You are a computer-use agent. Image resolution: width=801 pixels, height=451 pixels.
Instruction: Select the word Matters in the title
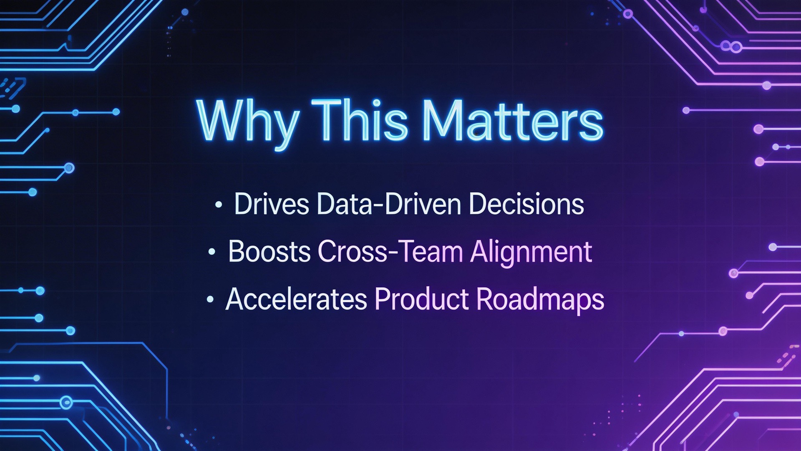coord(513,121)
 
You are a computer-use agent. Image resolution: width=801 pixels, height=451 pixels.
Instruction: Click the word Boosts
coord(270,252)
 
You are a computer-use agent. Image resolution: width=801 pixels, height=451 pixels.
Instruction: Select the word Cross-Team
coord(390,252)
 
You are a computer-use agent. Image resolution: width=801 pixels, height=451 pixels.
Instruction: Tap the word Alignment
coord(531,253)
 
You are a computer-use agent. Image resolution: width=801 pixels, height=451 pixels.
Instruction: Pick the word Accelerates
coord(296,299)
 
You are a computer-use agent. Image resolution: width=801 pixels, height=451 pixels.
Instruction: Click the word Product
coord(422,299)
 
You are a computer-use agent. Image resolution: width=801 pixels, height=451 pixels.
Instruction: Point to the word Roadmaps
coord(540,300)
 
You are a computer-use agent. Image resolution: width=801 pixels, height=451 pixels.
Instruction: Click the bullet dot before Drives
coord(218,205)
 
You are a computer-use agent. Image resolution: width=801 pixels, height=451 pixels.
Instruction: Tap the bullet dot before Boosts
coord(212,252)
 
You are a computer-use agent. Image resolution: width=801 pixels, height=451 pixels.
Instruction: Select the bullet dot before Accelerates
coord(210,299)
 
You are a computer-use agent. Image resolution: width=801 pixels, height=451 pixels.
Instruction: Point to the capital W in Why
coord(223,121)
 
